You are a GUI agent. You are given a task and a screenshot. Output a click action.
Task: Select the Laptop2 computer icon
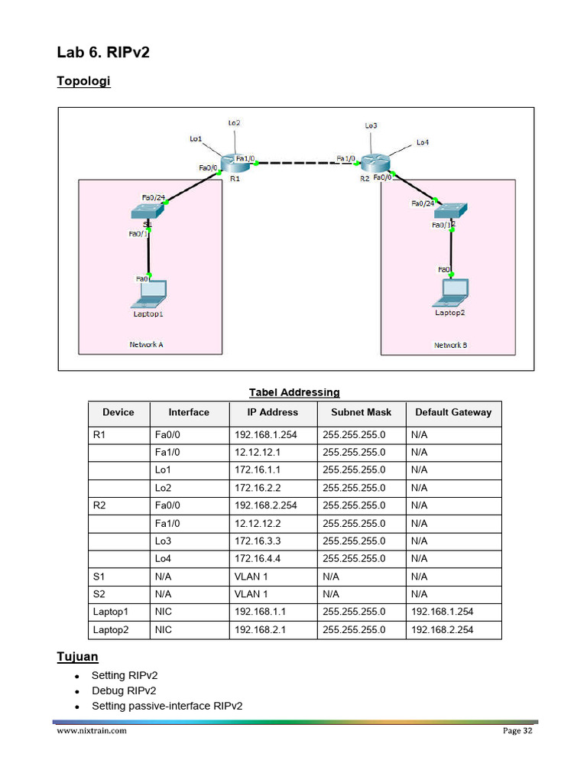point(451,292)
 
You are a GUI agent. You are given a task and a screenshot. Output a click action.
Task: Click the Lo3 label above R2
point(371,125)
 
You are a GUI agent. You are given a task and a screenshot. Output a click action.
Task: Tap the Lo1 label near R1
point(196,138)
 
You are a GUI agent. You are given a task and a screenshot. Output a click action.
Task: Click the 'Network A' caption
point(146,344)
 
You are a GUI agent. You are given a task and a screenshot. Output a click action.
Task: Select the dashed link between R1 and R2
point(298,162)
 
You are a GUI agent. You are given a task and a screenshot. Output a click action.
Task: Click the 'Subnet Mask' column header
point(361,412)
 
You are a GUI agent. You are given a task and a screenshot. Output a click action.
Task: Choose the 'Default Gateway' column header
point(453,412)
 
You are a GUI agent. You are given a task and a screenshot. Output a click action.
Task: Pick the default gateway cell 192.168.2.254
point(443,629)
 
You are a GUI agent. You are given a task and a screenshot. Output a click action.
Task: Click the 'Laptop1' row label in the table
point(111,612)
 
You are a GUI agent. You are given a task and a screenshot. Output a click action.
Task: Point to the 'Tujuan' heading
point(77,657)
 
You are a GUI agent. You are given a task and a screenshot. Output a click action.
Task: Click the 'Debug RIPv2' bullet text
point(124,690)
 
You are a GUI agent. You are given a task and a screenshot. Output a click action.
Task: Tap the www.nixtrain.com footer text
point(92,731)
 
